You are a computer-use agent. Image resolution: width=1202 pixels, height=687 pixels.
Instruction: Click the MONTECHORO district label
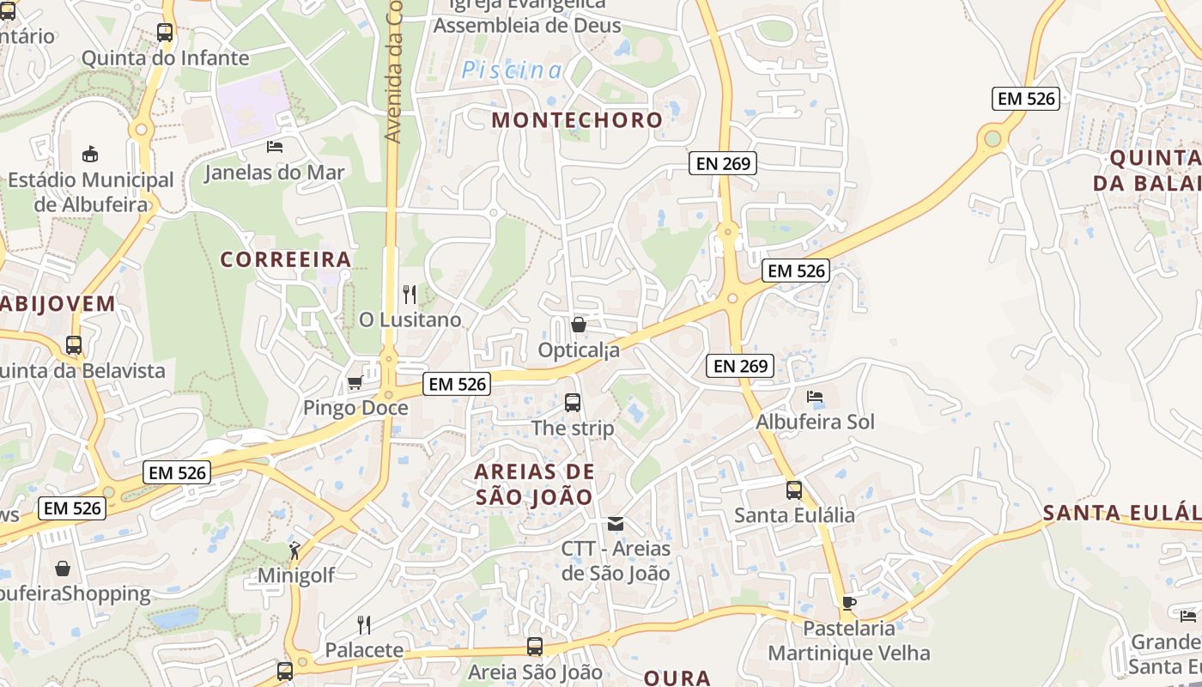point(577,120)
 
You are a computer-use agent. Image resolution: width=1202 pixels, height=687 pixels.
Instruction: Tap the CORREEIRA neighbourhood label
point(286,259)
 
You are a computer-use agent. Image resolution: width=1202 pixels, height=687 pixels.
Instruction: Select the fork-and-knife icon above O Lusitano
point(410,295)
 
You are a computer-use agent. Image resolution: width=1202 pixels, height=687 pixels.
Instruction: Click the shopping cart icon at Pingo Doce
point(355,382)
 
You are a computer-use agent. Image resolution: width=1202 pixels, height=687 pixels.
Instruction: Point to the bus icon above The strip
point(573,402)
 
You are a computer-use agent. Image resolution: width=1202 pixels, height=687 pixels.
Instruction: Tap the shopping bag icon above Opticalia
point(579,325)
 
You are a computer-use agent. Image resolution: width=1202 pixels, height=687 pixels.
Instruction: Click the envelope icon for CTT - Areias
point(616,523)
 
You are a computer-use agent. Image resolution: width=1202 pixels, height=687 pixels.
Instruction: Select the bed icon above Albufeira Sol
point(815,397)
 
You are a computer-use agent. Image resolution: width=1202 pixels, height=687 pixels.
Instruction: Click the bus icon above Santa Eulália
point(794,490)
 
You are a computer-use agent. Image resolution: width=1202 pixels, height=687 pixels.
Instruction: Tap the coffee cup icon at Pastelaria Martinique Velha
point(848,603)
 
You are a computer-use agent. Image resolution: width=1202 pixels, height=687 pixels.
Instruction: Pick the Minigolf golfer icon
point(295,550)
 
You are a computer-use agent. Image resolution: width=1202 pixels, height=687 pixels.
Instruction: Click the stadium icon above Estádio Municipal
point(90,155)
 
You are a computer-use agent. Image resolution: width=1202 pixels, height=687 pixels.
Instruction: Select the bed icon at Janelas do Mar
point(275,147)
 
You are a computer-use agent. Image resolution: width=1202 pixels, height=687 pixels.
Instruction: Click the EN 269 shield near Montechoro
point(723,163)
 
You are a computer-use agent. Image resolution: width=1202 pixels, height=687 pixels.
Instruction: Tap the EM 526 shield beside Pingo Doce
point(458,384)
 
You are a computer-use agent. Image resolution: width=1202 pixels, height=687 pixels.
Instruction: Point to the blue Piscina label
point(512,70)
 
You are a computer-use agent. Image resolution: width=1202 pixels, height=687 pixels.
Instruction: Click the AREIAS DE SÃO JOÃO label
point(534,484)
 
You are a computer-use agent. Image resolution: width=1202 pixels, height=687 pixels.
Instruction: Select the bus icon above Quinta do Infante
point(165,33)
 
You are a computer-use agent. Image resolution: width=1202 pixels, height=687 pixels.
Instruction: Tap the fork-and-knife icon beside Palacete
point(364,624)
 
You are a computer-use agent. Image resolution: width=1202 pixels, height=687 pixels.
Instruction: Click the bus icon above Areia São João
point(535,647)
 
